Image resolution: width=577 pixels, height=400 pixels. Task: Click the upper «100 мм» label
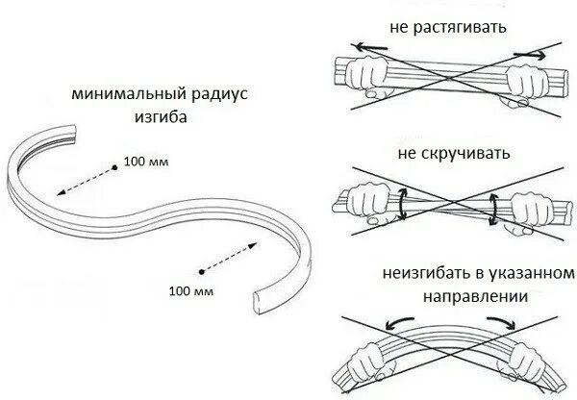point(146,162)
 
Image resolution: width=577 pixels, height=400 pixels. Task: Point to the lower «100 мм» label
point(189,289)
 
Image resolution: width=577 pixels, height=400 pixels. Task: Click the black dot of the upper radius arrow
point(115,165)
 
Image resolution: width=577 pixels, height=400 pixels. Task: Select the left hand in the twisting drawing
point(370,204)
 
